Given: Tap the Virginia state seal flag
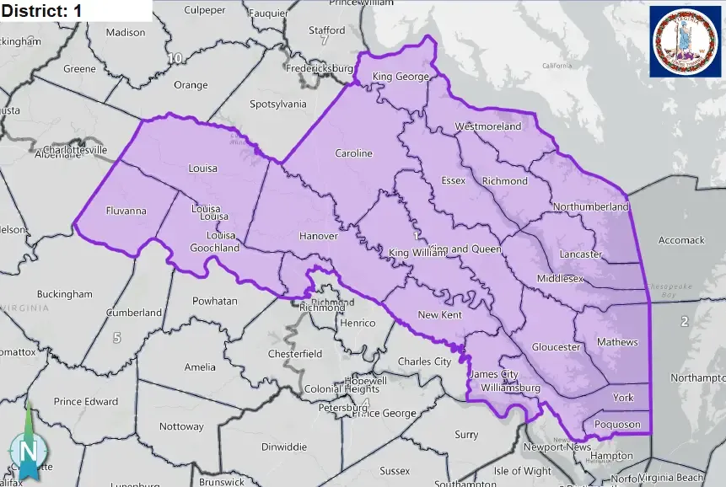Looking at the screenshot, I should click(684, 41).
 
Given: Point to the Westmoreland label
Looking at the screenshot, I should click(488, 126).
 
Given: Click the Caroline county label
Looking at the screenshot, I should click(353, 153).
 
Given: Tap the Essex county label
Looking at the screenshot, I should click(454, 180).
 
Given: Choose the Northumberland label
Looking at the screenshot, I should click(591, 206).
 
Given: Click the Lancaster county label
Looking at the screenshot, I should click(581, 254).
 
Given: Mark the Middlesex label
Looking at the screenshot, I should click(560, 278).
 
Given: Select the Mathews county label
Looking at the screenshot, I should click(617, 342).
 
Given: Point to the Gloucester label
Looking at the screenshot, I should click(556, 347).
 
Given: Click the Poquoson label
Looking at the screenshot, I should click(617, 425).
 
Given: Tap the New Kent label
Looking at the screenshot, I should click(439, 314).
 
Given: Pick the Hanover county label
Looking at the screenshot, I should click(318, 236).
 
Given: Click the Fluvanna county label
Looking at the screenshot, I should click(126, 211).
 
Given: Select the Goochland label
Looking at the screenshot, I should click(216, 248).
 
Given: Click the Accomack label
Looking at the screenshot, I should click(680, 240).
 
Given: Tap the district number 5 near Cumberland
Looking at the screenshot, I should click(116, 338).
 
